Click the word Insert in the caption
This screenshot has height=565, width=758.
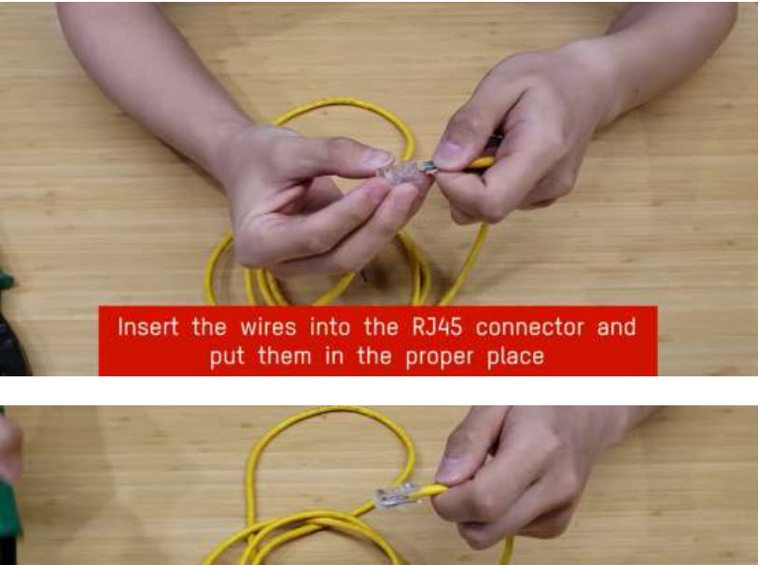pyautogui.click(x=147, y=327)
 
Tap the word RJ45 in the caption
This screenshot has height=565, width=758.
pyautogui.click(x=437, y=327)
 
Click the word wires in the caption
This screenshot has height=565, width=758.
pyautogui.click(x=268, y=328)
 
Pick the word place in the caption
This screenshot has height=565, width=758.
pyautogui.click(x=515, y=357)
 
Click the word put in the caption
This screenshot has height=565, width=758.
pyautogui.click(x=227, y=358)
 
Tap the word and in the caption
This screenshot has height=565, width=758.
pyautogui.click(x=616, y=327)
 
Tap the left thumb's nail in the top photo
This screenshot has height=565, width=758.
pyautogui.click(x=377, y=158)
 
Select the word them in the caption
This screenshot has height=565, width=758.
pyautogui.click(x=284, y=357)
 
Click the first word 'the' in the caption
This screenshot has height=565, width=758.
pyautogui.click(x=209, y=327)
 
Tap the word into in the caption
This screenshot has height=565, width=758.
pyautogui.click(x=330, y=327)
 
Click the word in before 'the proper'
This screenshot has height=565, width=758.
pyautogui.click(x=334, y=357)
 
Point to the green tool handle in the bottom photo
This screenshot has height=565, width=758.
pyautogui.click(x=7, y=503)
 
